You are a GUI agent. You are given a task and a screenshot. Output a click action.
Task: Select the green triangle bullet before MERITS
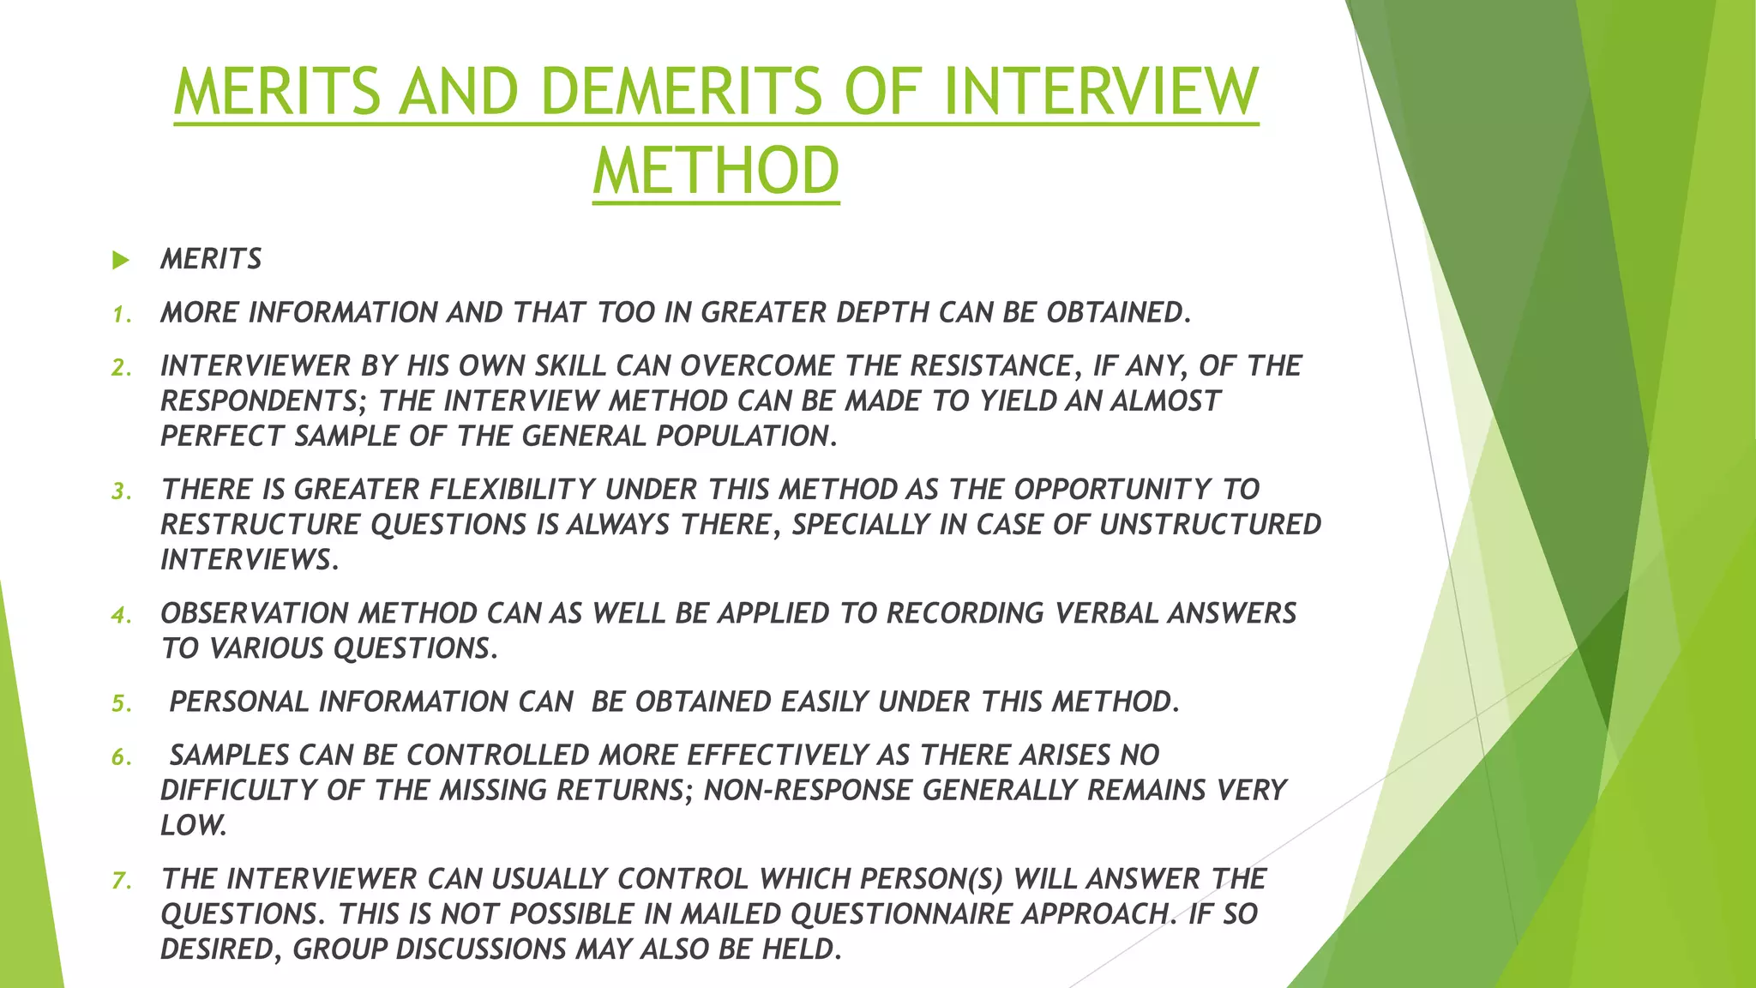point(121,260)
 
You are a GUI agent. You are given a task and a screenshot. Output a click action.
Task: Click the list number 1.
point(122,315)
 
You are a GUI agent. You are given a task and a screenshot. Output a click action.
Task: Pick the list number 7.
point(122,881)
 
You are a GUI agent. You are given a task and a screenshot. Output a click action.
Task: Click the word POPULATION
point(746,437)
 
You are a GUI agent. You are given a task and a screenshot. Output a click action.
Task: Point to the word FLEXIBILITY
point(512,490)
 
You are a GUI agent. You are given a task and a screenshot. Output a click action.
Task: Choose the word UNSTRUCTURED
point(1210,525)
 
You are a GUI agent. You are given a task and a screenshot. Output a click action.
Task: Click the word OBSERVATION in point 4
point(255,614)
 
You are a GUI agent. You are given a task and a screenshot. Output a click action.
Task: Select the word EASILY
point(825,702)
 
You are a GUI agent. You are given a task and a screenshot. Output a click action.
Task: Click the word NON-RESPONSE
point(808,791)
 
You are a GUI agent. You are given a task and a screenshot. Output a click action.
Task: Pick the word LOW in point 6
point(193,826)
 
